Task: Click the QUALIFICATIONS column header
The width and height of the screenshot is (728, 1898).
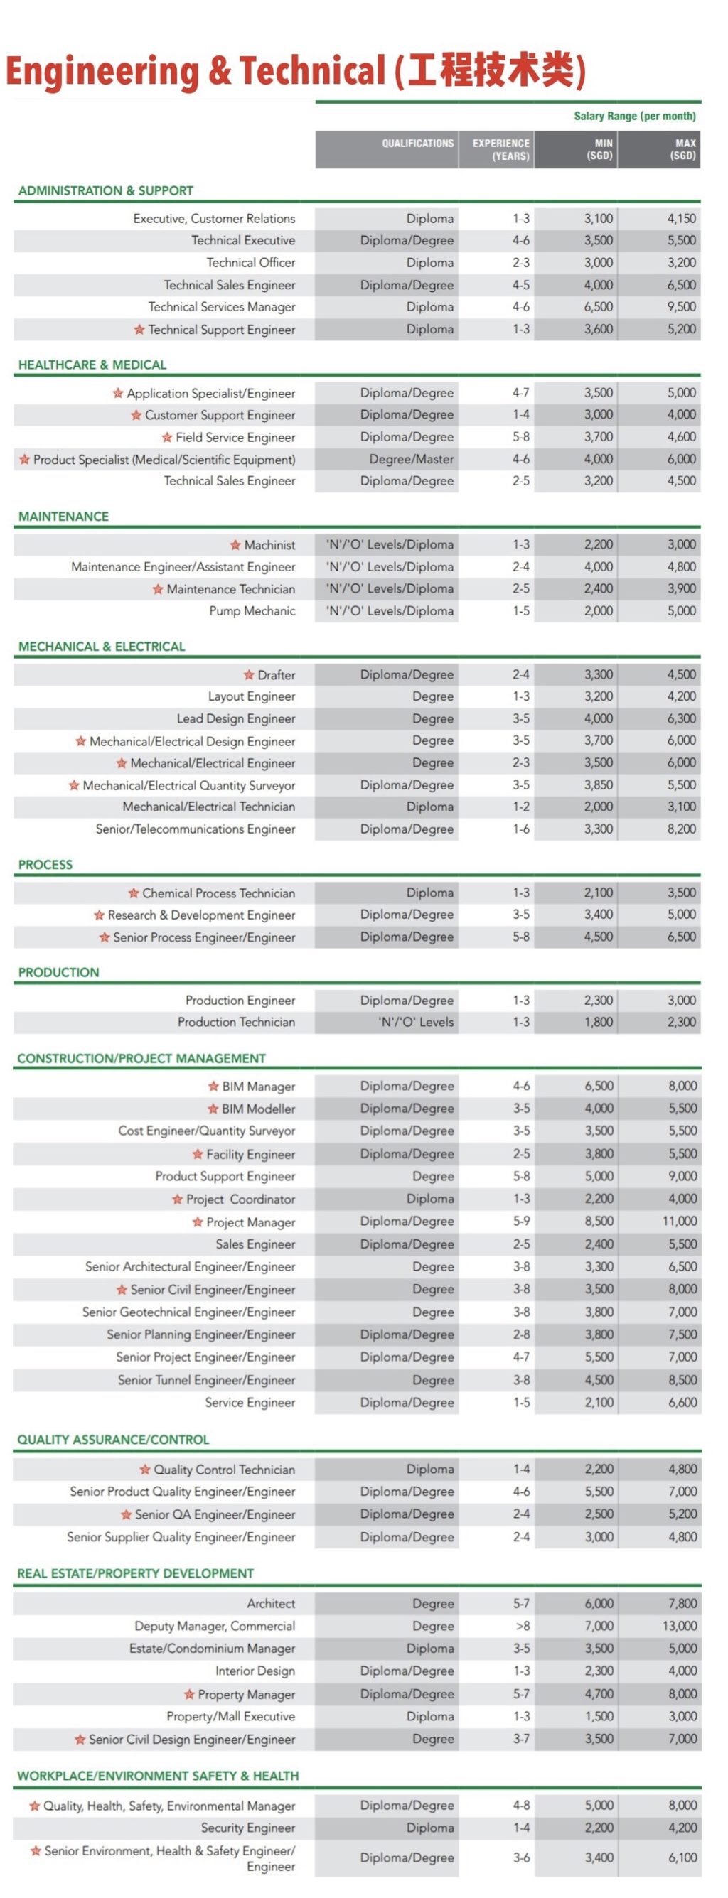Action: point(417,144)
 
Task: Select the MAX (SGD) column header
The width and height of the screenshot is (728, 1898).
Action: point(682,149)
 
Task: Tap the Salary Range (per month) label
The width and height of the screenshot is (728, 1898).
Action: point(634,116)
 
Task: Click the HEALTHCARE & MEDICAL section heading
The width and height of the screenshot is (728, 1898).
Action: point(92,365)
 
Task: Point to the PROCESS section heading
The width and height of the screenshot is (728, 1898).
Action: point(45,864)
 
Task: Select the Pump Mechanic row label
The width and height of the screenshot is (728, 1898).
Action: point(252,611)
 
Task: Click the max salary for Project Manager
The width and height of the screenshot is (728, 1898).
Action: point(680,1221)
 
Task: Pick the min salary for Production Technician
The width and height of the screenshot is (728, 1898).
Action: point(599,1022)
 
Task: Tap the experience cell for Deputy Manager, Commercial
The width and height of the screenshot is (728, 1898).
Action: point(522,1625)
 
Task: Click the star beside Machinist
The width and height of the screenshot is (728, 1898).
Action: point(235,545)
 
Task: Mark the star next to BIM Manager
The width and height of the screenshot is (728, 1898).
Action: point(213,1086)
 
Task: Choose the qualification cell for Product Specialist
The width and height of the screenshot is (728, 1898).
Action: point(411,459)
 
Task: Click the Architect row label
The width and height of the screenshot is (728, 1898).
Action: point(270,1603)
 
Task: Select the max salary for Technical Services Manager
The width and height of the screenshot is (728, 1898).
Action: point(682,306)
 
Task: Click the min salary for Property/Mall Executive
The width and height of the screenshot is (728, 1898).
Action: point(599,1716)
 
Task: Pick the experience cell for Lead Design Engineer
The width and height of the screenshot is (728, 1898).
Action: point(521,718)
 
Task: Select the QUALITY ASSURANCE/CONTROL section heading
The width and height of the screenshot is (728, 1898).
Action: point(114,1439)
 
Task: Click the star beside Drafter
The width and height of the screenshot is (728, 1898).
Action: point(249,675)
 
